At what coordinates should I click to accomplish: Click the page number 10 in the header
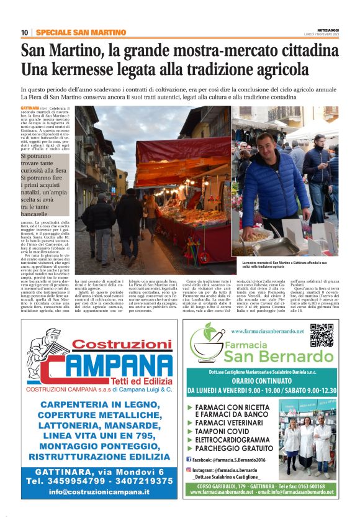tap(24, 32)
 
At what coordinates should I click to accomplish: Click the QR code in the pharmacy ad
tap(322, 335)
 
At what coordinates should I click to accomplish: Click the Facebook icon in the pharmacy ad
tap(189, 458)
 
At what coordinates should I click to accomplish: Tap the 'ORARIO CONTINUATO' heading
tap(260, 382)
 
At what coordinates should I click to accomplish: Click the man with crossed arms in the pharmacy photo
tap(323, 441)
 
